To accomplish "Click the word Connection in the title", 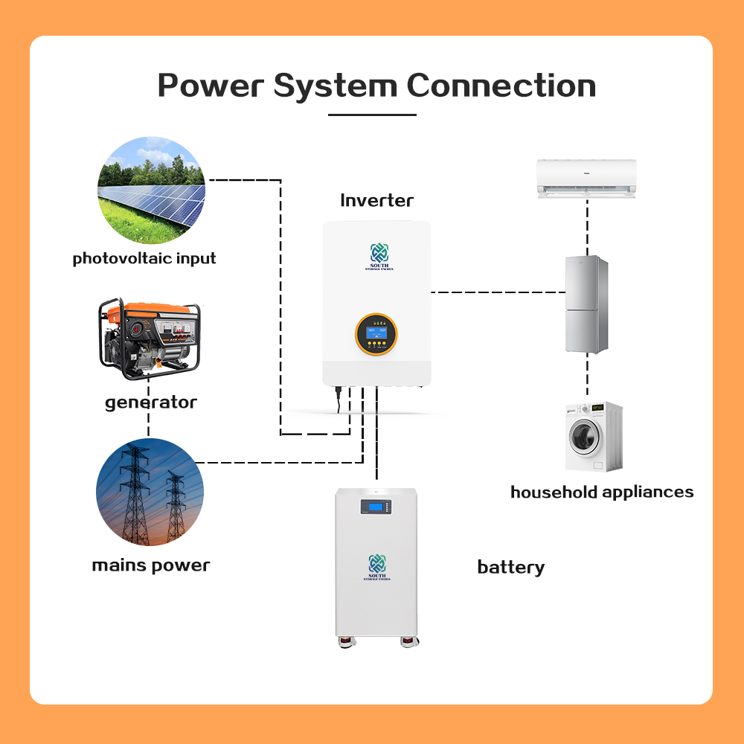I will click(x=501, y=86).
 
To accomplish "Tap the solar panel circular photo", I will click(x=151, y=190).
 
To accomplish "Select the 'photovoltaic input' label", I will click(x=144, y=259).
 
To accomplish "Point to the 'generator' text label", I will click(x=151, y=403).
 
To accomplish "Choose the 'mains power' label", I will click(x=151, y=565).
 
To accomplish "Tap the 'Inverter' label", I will click(x=376, y=200).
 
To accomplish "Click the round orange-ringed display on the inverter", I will click(x=376, y=333).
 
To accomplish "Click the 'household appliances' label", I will click(x=602, y=492).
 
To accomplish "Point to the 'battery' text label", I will click(x=510, y=568).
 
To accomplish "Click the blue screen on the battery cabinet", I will click(x=376, y=507).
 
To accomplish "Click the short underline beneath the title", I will click(x=372, y=115).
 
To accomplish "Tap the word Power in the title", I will click(x=210, y=86).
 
